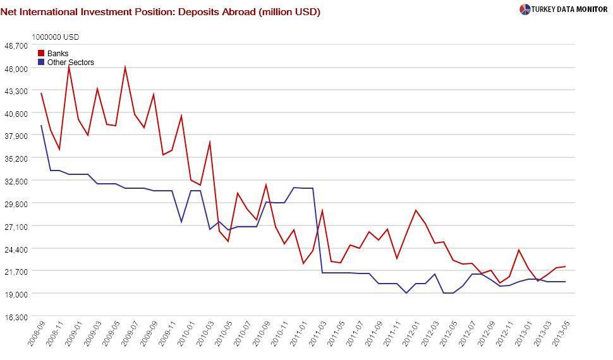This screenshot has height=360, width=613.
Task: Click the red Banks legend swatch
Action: coord(42,54)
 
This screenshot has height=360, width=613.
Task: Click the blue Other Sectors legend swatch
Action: coord(42,63)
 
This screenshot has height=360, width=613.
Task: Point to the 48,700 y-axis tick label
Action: coord(16,45)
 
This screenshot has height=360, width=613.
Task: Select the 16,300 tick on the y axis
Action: coord(16,316)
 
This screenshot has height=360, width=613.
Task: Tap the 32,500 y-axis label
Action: coord(16,181)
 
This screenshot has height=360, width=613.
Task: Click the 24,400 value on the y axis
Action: coord(16,249)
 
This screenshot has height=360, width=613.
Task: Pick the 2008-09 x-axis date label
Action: coord(37,334)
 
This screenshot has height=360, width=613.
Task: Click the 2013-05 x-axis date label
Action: coord(561,334)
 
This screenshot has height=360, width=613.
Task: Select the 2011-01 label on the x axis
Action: coord(299,334)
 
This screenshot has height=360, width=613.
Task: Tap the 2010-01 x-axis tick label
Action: coord(186,334)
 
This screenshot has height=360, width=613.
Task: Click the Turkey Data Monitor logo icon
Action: coord(525,9)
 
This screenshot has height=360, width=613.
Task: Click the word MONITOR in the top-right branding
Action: coord(590,9)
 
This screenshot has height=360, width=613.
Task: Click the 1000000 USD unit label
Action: coord(56,37)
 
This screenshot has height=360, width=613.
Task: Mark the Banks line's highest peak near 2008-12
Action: coord(69,66)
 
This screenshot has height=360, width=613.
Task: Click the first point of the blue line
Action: coord(41,126)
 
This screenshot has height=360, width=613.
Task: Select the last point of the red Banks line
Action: coord(565,267)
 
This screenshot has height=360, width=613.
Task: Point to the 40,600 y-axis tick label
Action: coord(16,113)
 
